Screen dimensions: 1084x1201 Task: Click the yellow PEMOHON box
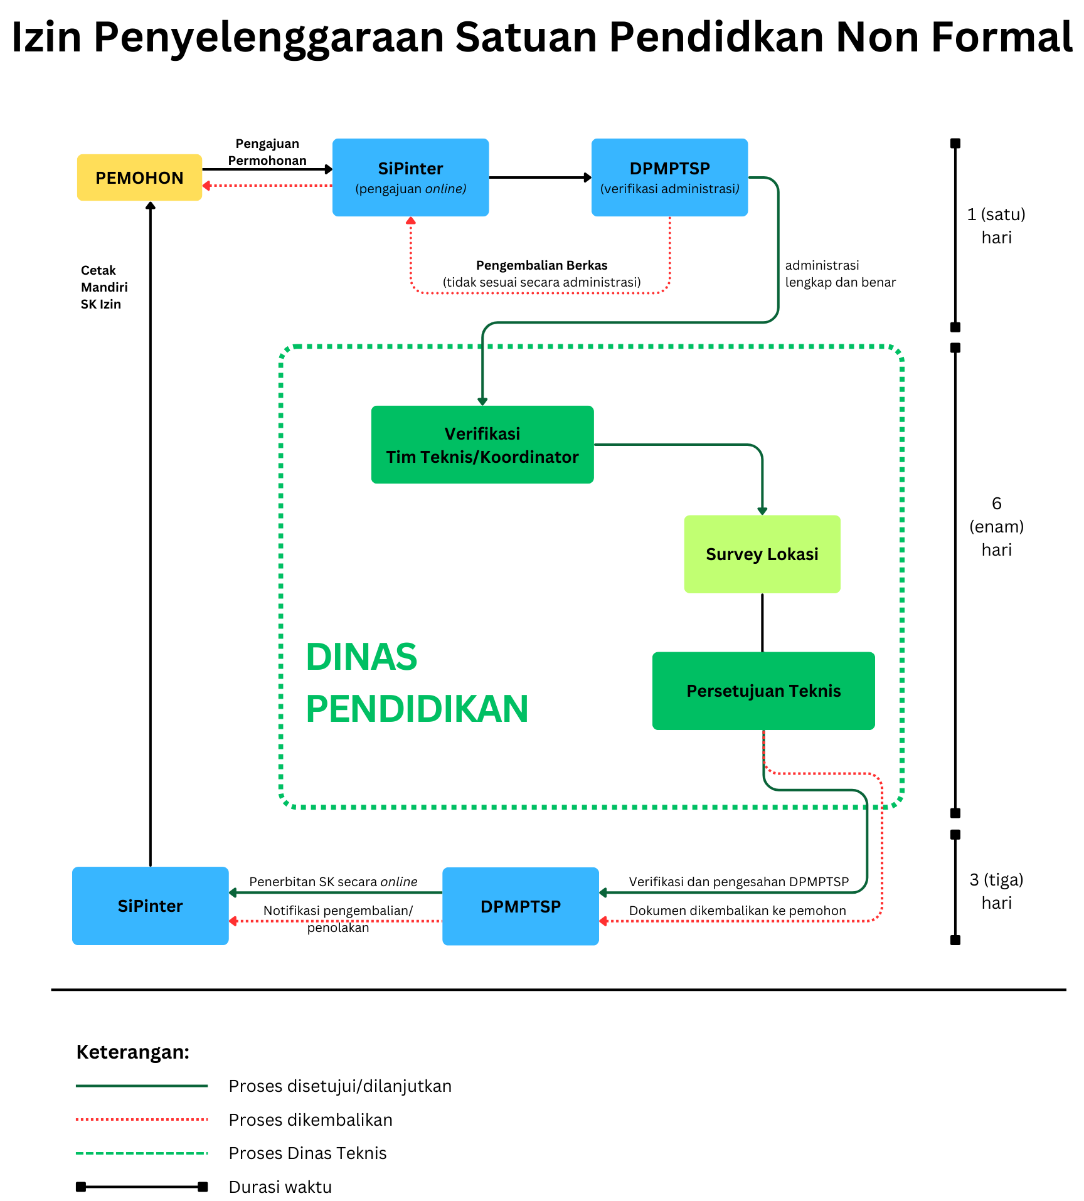(139, 177)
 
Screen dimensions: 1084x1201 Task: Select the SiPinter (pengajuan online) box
(411, 177)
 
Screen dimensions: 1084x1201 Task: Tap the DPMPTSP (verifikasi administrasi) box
(670, 177)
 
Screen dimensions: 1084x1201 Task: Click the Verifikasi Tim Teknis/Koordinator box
(482, 445)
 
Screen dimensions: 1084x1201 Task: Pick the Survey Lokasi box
(762, 554)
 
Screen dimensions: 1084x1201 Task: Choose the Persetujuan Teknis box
(763, 691)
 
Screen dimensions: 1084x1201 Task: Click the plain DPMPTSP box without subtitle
(521, 906)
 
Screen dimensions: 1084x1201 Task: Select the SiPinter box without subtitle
(151, 906)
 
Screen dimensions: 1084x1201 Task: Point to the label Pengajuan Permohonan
(267, 152)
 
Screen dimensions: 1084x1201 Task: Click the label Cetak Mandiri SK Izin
(104, 287)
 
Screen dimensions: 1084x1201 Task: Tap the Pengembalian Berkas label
(542, 265)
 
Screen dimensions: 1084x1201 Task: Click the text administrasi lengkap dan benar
(841, 274)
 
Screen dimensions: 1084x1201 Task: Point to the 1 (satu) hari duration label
(996, 226)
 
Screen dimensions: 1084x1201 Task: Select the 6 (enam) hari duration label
(996, 526)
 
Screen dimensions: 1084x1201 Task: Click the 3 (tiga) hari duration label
(996, 891)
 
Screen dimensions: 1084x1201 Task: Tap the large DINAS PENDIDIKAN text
(417, 683)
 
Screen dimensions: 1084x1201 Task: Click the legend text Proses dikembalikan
(311, 1119)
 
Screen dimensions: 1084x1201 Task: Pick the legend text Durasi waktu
(280, 1187)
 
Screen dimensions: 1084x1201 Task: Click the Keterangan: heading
(133, 1052)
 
